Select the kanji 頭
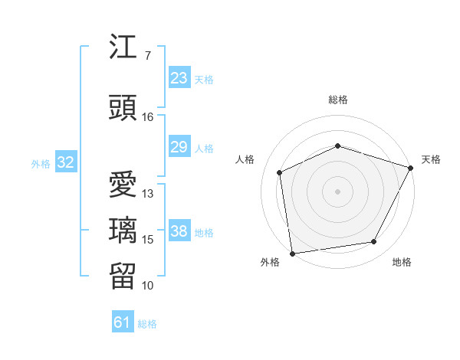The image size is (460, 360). (x=124, y=107)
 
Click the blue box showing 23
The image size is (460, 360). (x=179, y=78)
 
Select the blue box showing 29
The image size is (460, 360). (x=179, y=147)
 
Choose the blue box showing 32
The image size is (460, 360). (x=65, y=162)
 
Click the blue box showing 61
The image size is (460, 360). (x=123, y=322)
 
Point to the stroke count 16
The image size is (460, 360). (x=147, y=117)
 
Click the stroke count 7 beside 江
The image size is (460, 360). (x=147, y=56)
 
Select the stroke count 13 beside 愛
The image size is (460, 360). (x=148, y=194)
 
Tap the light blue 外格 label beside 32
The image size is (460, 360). (x=41, y=163)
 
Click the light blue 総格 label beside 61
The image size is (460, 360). (x=147, y=324)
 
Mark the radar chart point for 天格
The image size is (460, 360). (x=411, y=168)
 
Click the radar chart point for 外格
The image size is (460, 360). (x=291, y=253)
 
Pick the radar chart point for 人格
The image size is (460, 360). (x=280, y=172)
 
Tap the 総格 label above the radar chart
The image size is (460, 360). (x=337, y=100)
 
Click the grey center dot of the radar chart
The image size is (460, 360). (x=337, y=191)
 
